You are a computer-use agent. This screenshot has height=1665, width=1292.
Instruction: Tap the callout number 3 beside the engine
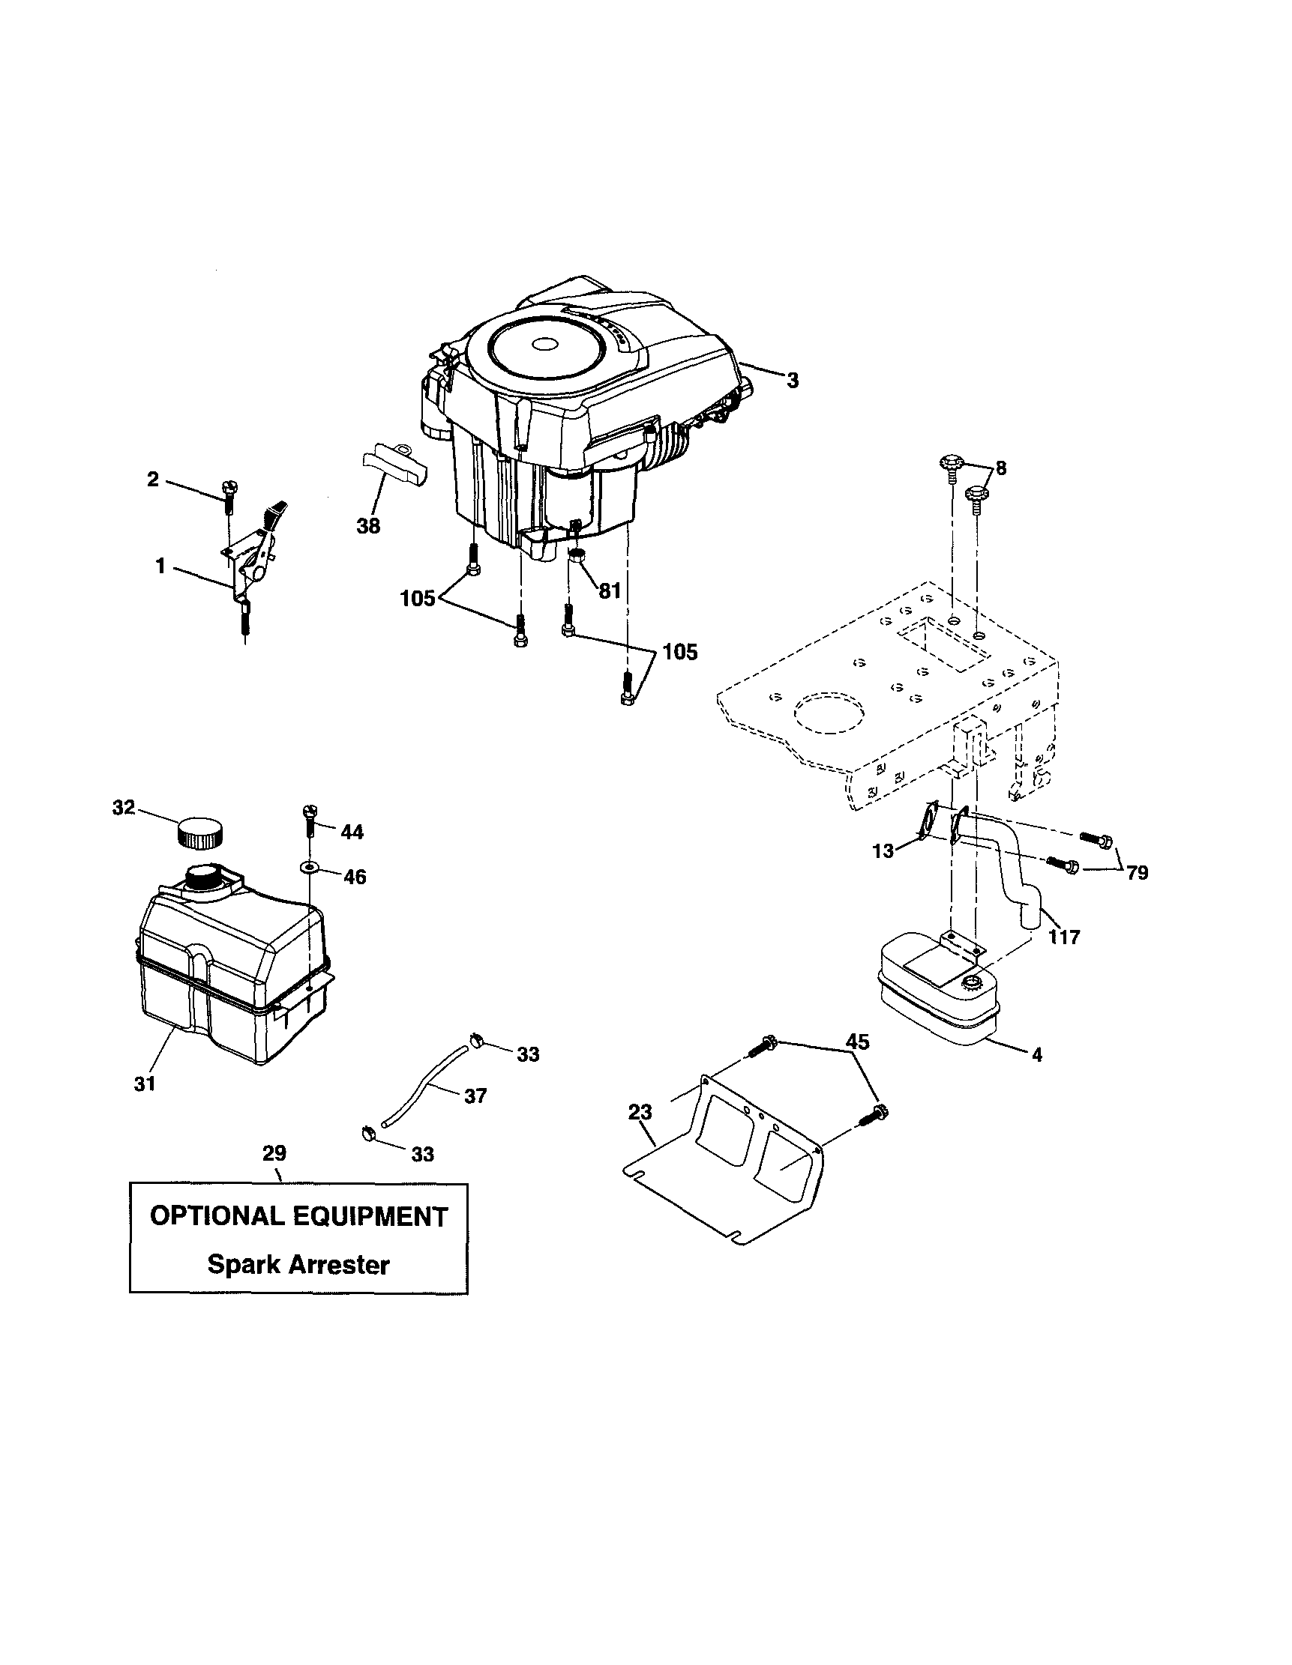click(x=793, y=381)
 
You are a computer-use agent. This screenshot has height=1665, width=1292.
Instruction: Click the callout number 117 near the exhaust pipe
click(x=1064, y=937)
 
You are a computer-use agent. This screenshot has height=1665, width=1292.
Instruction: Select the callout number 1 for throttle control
click(x=160, y=566)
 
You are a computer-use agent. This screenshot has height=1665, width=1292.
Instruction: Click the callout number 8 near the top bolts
click(x=1000, y=468)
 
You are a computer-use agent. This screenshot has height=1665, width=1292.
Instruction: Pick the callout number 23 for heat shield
click(x=640, y=1112)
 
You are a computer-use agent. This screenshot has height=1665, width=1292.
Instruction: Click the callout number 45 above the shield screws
click(x=858, y=1042)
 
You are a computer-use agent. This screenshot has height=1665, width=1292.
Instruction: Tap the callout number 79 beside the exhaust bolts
click(x=1137, y=872)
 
